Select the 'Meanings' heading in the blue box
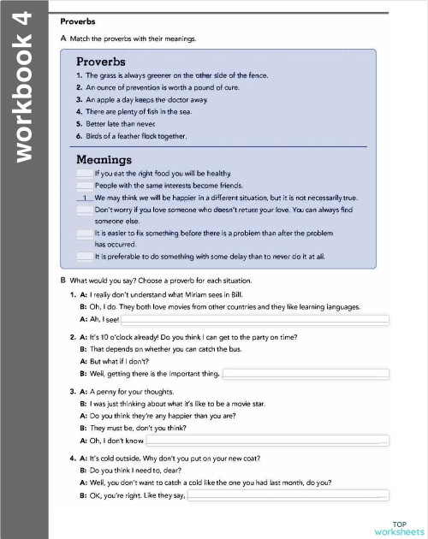tap(104, 159)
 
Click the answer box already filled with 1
tap(84, 198)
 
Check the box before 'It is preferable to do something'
tap(84, 256)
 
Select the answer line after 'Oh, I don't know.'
tap(268, 441)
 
